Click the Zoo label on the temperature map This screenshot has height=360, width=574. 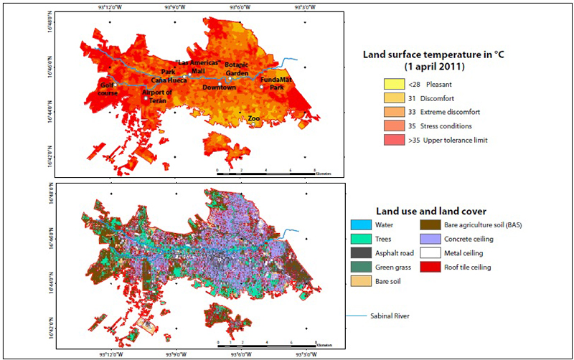point(253,118)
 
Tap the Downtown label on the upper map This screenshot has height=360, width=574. point(219,87)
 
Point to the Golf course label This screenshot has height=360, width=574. point(108,88)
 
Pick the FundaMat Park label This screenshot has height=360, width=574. point(276,82)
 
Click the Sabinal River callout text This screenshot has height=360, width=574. point(394,316)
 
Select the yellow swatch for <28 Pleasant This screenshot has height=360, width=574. point(394,85)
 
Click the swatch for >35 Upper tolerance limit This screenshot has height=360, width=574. point(394,140)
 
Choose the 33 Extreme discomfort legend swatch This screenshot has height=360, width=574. point(394,113)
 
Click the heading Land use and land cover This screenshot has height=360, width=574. point(431,211)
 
